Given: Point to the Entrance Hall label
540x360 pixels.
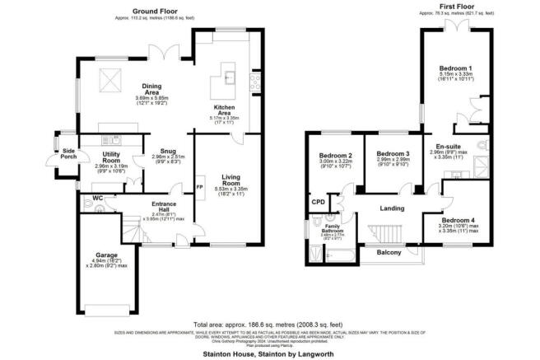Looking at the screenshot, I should pos(168,204).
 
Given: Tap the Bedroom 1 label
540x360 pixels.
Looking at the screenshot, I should pos(455,68).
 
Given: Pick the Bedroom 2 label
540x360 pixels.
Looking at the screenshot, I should pos(337,157).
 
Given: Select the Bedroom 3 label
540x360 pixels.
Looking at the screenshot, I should pos(392,154).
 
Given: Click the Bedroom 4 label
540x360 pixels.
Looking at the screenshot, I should pos(456,220).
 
